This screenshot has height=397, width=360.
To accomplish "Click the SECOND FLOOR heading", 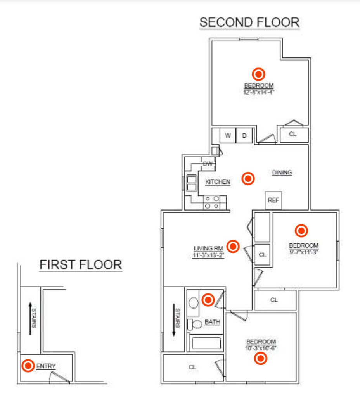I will [249, 22].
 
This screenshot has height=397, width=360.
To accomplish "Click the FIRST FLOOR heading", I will [81, 265].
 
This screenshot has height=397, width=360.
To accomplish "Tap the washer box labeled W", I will [228, 136].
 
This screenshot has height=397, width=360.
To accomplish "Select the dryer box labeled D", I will [244, 136].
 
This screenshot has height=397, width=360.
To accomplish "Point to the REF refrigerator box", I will [273, 200].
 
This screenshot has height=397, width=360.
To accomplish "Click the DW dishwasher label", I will [208, 164].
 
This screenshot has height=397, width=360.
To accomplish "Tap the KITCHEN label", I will [218, 181].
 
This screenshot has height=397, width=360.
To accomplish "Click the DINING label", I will [282, 173].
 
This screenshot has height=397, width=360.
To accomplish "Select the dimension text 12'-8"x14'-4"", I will [259, 92].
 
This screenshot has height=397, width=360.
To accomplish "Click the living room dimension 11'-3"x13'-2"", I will [209, 255].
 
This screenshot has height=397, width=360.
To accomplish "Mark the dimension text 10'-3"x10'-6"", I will [261, 348].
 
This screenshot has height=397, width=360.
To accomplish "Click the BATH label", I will [212, 322].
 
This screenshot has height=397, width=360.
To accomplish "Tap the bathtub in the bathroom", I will [205, 343].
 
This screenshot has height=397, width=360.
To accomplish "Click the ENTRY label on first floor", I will [46, 366].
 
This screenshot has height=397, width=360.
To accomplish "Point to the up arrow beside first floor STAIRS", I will [30, 318].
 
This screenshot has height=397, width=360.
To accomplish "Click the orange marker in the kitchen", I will [248, 179].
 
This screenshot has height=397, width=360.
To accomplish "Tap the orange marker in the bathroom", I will [208, 299].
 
